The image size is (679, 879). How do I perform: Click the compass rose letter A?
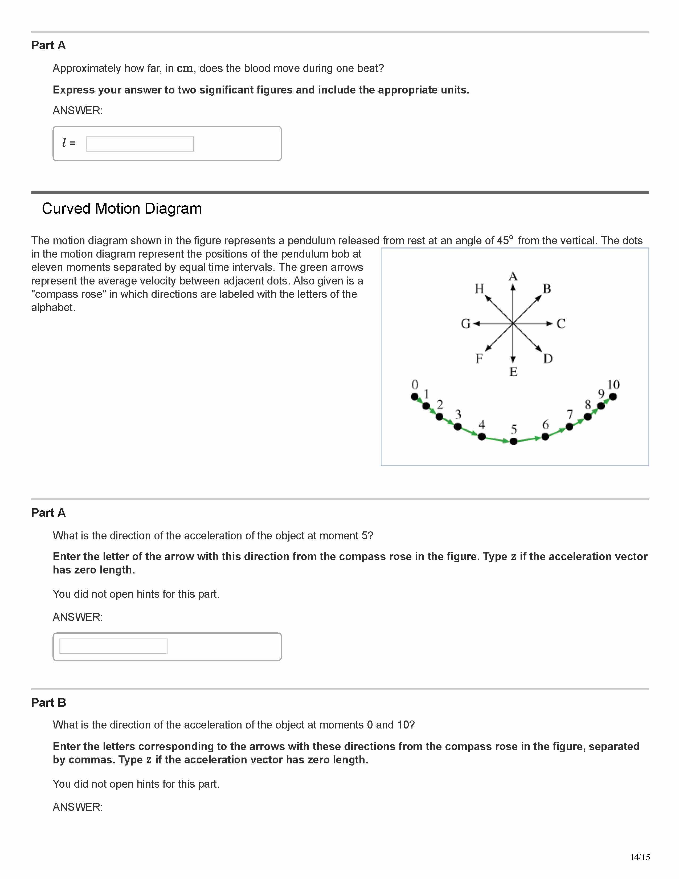tap(513, 276)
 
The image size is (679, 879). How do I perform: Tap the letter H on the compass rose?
tap(479, 288)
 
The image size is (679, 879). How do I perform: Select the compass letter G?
tap(465, 324)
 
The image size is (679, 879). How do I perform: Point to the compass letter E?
tap(513, 372)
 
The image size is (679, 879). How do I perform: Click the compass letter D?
tap(548, 359)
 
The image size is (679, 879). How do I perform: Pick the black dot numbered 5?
tap(513, 442)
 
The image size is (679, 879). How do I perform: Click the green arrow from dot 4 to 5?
tap(498, 439)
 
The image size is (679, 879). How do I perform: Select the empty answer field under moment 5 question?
tap(113, 646)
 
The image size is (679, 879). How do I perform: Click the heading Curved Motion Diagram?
tap(122, 209)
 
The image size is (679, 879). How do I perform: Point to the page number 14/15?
tap(640, 857)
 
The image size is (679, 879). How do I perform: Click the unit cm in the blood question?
tap(185, 69)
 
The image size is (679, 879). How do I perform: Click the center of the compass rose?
tap(513, 323)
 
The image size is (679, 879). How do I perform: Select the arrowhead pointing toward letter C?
tap(550, 323)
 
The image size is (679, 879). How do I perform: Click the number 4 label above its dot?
tap(481, 425)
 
